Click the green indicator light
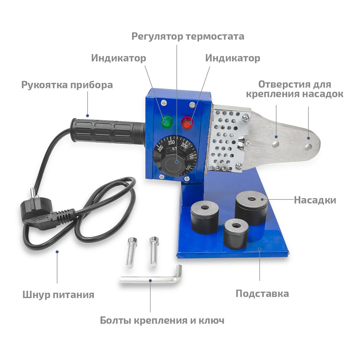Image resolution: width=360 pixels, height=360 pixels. click(168, 122)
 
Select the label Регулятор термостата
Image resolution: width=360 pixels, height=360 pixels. click(188, 37)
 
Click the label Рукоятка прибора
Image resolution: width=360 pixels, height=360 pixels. click(67, 85)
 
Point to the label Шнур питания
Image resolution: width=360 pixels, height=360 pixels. click(58, 295)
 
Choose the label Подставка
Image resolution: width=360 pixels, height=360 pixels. click(262, 294)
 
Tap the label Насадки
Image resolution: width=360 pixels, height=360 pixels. click(315, 200)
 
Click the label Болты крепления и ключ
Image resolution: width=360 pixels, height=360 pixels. click(162, 320)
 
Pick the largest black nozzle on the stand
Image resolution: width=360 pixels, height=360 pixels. click(251, 208)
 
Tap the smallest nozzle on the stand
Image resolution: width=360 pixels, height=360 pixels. click(236, 234)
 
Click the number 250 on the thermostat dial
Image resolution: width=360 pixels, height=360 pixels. click(171, 143)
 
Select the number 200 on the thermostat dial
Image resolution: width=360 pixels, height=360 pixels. click(184, 145)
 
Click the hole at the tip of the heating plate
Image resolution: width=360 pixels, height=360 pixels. click(308, 147)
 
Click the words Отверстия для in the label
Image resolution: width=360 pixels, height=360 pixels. click(295, 84)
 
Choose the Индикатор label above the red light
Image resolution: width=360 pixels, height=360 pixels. click(233, 58)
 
